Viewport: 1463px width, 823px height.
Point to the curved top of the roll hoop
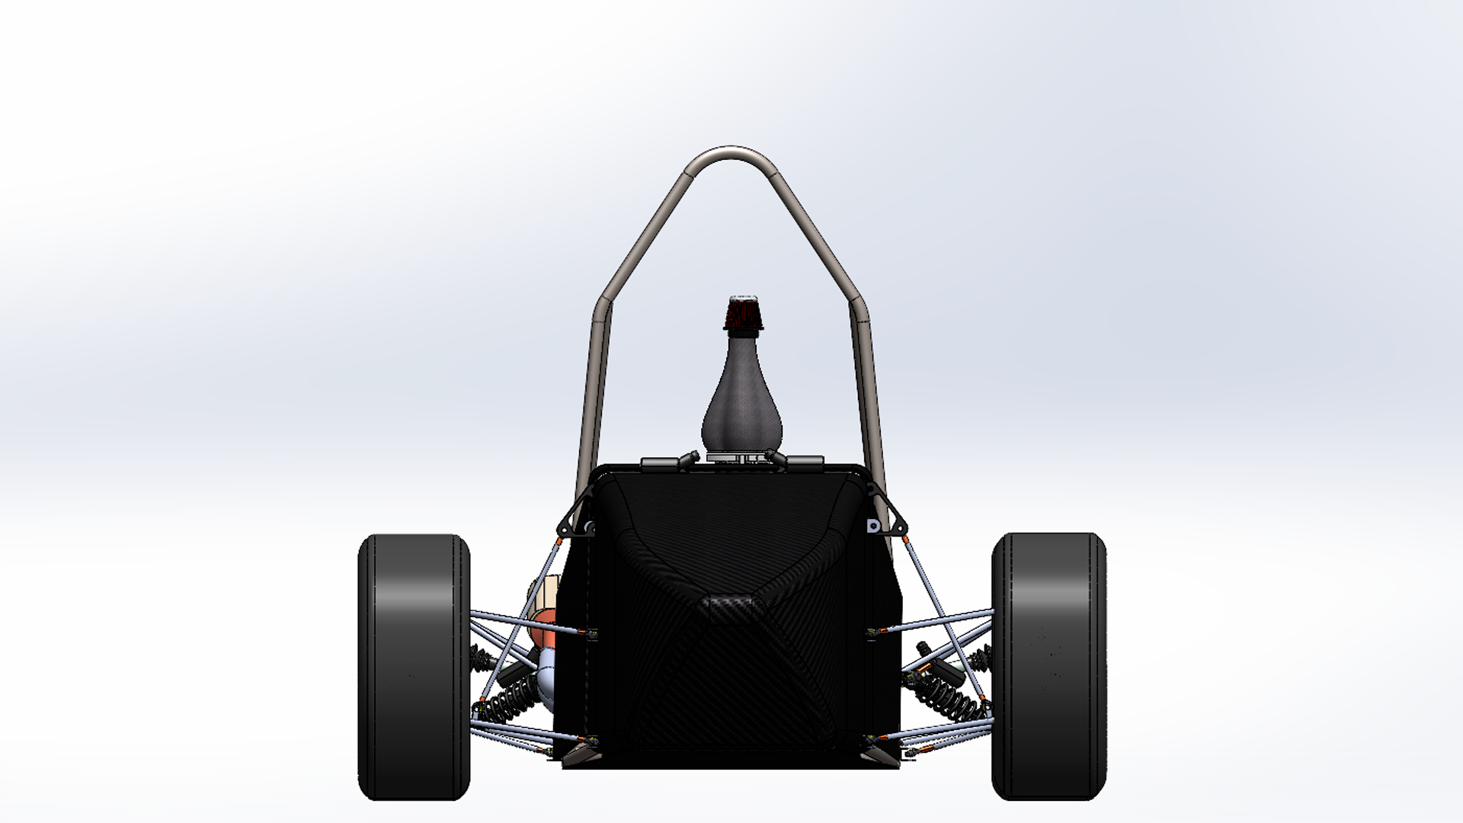click(730, 152)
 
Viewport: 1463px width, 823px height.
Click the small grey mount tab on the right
click(873, 526)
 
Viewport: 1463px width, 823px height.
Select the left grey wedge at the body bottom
click(582, 755)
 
